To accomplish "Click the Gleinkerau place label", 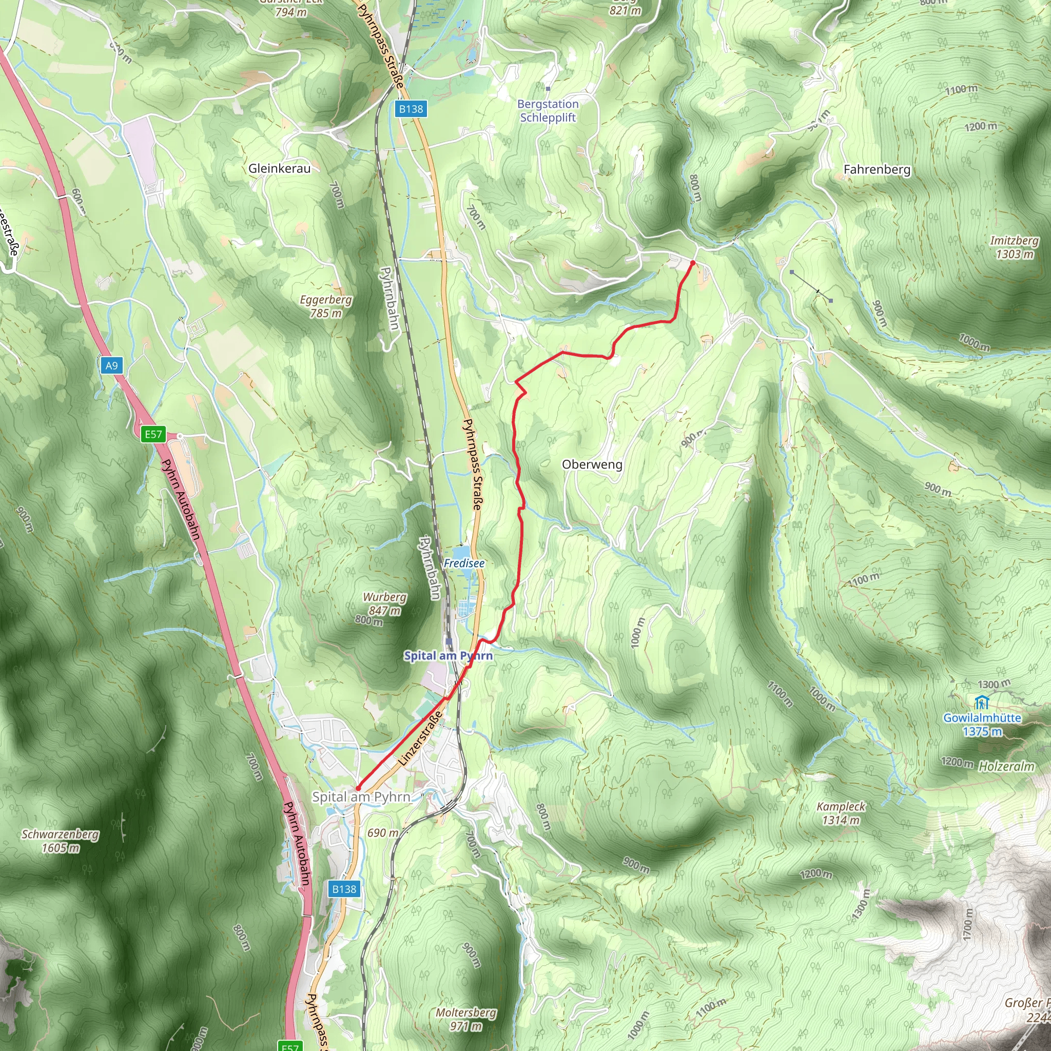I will (x=280, y=169).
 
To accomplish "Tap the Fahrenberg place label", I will (x=877, y=170).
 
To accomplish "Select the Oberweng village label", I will (x=592, y=464).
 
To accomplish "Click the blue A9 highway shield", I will (x=111, y=365).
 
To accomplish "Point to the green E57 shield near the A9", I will (x=153, y=434).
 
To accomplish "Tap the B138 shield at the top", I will (x=411, y=109).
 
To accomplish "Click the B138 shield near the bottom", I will (x=344, y=889).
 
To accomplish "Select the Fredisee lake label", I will (x=464, y=563).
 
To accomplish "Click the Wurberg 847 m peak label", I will (x=384, y=604).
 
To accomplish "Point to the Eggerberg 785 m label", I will (x=326, y=306).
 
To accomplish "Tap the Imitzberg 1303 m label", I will (x=1014, y=247).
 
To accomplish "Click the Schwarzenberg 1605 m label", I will (x=61, y=841).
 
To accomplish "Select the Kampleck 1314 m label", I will (x=841, y=813).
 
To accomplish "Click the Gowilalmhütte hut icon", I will (x=981, y=703).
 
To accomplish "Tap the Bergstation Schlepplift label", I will (x=548, y=110).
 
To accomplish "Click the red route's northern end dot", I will (x=692, y=263).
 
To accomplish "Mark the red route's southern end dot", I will (x=358, y=788).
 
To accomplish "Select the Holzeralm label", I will (x=1006, y=767).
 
